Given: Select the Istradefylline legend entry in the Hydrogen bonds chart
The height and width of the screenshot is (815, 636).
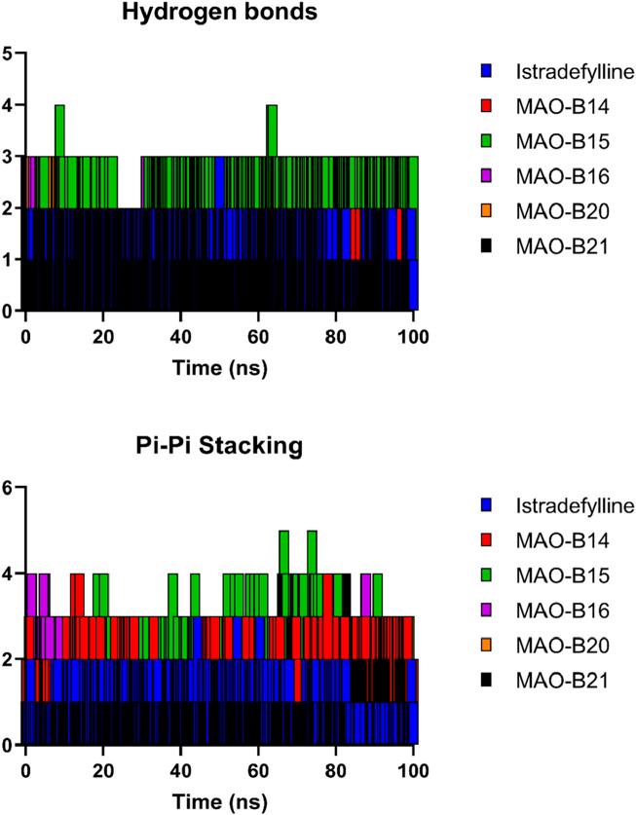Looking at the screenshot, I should [x=556, y=71].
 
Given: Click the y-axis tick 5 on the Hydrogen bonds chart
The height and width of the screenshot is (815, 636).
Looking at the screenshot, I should [x=8, y=54].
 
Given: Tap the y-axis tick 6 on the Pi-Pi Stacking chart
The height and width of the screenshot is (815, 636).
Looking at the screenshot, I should [x=8, y=488].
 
